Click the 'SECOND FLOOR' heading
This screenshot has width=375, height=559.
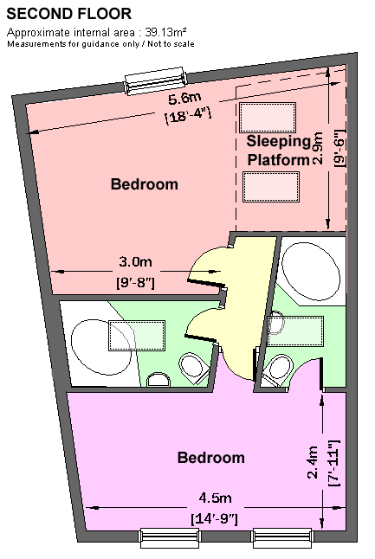[69, 14]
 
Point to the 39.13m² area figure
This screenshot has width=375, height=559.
[165, 32]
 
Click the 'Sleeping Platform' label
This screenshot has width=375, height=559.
[279, 151]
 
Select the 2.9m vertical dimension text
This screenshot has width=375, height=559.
[317, 149]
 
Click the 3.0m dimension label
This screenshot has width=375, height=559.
[135, 261]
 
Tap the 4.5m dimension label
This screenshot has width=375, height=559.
[215, 498]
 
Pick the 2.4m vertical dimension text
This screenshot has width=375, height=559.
[313, 462]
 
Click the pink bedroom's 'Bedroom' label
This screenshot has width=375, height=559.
[144, 184]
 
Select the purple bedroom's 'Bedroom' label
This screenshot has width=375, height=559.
[210, 458]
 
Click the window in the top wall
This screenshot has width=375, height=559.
[155, 81]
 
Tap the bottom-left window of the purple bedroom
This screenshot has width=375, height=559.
[169, 537]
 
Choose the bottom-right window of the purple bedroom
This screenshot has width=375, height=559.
[282, 537]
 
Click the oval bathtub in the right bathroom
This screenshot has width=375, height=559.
[310, 272]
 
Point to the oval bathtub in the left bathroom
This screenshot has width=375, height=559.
[101, 346]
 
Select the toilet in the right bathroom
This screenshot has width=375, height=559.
[278, 370]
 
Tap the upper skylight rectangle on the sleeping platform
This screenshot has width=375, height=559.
[268, 118]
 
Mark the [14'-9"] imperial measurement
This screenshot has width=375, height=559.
[214, 518]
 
